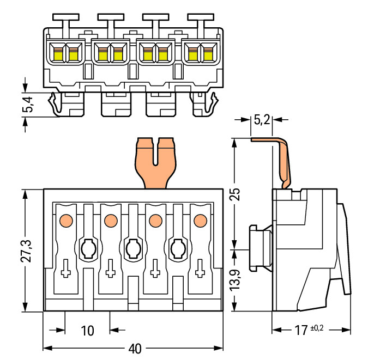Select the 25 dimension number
click(234, 194)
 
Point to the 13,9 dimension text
click(234, 280)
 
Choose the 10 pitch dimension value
click(87, 331)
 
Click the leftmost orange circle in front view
click(65, 221)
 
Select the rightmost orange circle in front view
click(200, 221)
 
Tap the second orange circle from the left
click(110, 221)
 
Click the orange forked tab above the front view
click(156, 162)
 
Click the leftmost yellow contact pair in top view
click(65, 53)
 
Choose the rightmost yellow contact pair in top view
click(200, 53)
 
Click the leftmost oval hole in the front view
click(88, 249)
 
